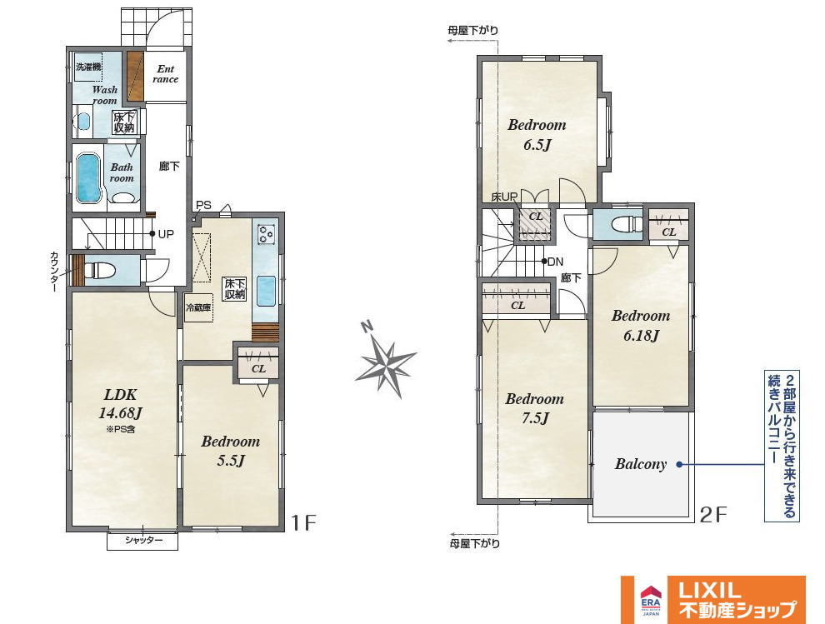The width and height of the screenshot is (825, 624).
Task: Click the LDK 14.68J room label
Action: pyautogui.click(x=121, y=403)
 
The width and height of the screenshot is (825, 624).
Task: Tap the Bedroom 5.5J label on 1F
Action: pyautogui.click(x=231, y=451)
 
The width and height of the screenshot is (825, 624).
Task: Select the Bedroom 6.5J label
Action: pyautogui.click(x=537, y=134)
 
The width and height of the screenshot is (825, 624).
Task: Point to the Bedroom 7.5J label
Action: pyautogui.click(x=534, y=408)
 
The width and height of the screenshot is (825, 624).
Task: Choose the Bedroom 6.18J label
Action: pyautogui.click(x=641, y=325)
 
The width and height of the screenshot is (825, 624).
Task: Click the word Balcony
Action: pyautogui.click(x=640, y=464)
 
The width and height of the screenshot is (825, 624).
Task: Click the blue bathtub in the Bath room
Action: pyautogui.click(x=88, y=177)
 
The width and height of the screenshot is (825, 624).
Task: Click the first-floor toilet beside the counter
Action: pyautogui.click(x=100, y=271)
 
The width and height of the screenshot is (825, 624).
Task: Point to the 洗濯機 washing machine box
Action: pyautogui.click(x=88, y=67)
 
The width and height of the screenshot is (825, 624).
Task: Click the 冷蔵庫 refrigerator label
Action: pyautogui.click(x=198, y=307)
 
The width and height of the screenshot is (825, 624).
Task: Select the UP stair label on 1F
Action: pyautogui.click(x=166, y=234)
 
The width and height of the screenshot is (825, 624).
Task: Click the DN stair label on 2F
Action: pyautogui.click(x=555, y=262)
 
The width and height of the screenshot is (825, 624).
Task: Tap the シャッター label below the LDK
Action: pyautogui.click(x=143, y=541)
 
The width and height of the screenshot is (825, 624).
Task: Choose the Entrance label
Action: pyautogui.click(x=165, y=73)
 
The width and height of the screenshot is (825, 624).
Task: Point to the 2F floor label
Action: pyautogui.click(x=713, y=514)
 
